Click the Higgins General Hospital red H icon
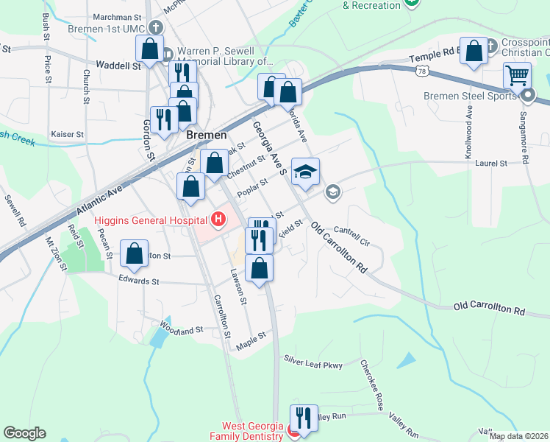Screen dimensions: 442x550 tap(218, 219)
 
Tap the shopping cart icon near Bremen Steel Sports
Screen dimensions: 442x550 tap(517, 75)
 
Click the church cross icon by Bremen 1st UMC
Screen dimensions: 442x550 tap(154, 28)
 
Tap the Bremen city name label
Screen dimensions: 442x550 tap(201, 136)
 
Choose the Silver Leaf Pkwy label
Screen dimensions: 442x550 tap(314, 362)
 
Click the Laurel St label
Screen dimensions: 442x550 tap(491, 163)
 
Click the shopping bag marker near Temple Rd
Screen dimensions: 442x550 tap(474, 51)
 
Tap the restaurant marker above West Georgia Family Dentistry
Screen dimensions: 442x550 tap(302, 417)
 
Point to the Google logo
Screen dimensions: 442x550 tap(24, 433)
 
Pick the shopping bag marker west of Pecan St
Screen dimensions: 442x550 tap(135, 254)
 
